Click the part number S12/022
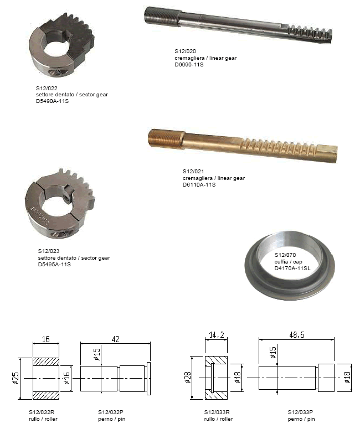pos(47,88)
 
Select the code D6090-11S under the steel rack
pos(189,65)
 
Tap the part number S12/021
pos(193,171)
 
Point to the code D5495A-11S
pos(54,265)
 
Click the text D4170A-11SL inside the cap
pos(292,268)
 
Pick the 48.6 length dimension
pos(296,335)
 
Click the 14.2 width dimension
pos(217,335)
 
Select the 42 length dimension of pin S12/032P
pos(116,339)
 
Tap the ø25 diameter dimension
pos(16,378)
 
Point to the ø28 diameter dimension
pos(188,378)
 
